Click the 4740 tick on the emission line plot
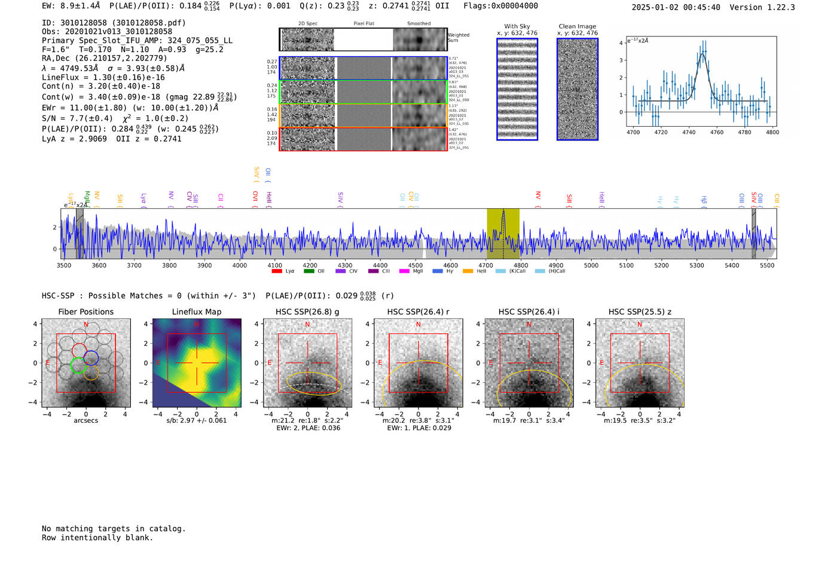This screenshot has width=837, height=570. coord(689,132)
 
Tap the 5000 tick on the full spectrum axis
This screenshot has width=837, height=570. coord(591,265)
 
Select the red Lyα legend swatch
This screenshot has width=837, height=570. coord(277,271)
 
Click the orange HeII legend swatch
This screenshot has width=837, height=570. coord(468,271)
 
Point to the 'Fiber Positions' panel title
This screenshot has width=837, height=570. coord(85,312)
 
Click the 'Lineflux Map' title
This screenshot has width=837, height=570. coord(196,312)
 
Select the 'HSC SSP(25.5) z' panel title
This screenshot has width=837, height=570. coord(640,312)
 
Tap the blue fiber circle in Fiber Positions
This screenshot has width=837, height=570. coord(91,358)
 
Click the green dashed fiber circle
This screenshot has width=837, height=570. coord(78,364)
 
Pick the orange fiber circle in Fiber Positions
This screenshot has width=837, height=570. coord(91,373)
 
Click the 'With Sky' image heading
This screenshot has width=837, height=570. coord(517,26)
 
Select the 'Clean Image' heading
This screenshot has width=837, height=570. coord(577,26)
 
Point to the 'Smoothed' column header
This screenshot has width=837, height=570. coord(418,24)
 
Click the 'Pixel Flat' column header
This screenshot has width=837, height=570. coord(363,24)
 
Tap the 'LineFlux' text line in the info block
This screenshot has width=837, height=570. coord(103,77)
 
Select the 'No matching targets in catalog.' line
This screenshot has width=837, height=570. coord(114,528)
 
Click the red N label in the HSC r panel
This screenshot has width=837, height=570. coord(418,324)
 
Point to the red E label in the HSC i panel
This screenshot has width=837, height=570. coord(490,362)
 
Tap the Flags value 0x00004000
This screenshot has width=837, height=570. coord(515,5)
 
